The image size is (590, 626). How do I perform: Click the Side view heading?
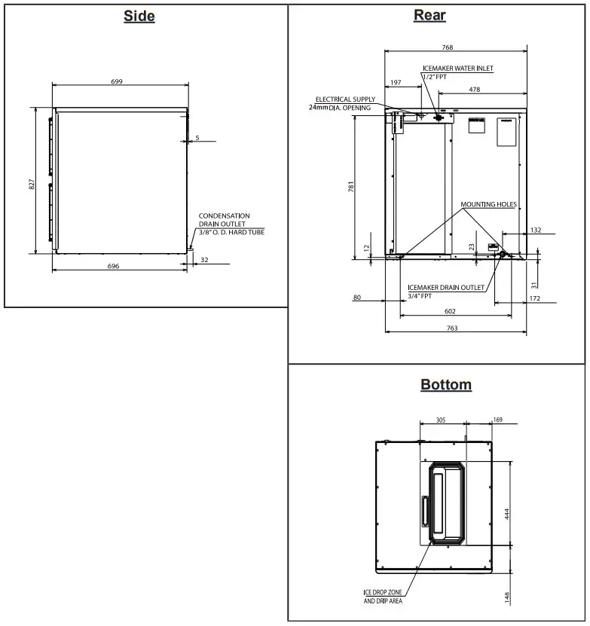pyautogui.click(x=139, y=16)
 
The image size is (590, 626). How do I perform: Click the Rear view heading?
pyautogui.click(x=430, y=15)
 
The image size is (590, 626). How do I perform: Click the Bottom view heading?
pyautogui.click(x=446, y=385)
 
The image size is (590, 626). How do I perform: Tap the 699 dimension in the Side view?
pyautogui.click(x=116, y=81)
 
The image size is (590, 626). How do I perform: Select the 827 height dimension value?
pyautogui.click(x=31, y=184)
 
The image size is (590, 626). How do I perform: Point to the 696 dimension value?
pyautogui.click(x=114, y=267)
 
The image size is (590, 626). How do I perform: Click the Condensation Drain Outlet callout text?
pyautogui.click(x=231, y=224)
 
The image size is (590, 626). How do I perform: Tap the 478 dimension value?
pyautogui.click(x=475, y=90)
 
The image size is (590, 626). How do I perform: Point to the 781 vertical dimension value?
pyautogui.click(x=352, y=188)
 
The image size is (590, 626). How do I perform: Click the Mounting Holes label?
pyautogui.click(x=488, y=204)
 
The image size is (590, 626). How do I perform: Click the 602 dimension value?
pyautogui.click(x=449, y=311)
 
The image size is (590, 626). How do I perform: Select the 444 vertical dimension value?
pyautogui.click(x=507, y=513)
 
